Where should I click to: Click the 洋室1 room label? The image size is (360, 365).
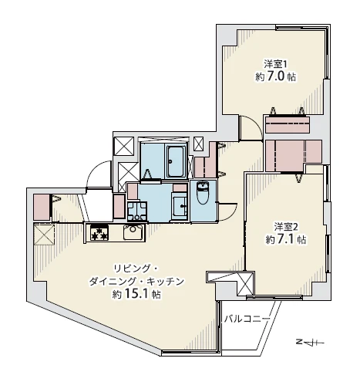point(275,64)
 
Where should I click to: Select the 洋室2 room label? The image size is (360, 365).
point(284,226)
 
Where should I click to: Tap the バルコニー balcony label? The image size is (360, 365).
point(247,317)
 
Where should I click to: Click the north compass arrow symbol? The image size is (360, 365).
point(312,340)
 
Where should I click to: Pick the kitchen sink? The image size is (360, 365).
point(131,231)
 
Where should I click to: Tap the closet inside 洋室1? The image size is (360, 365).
point(288,124)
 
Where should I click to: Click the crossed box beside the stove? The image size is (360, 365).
point(43,233)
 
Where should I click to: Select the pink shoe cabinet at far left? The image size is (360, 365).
point(41,205)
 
